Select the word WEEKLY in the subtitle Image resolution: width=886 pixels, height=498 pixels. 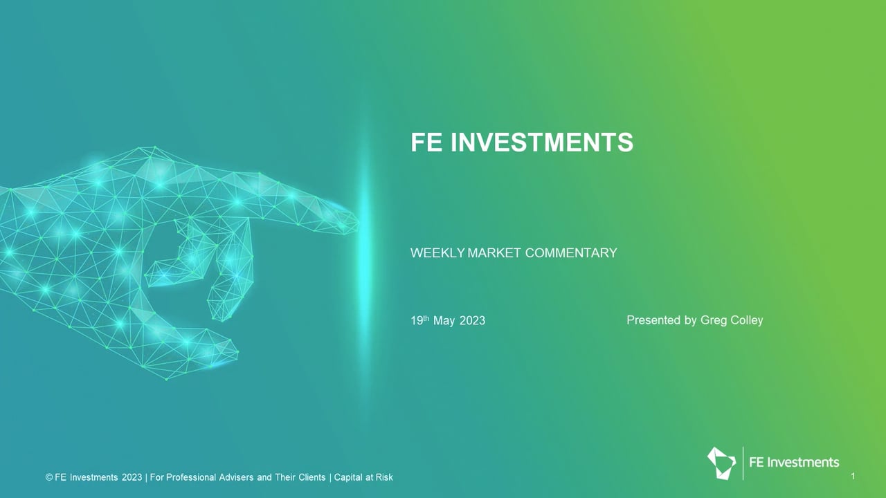437,253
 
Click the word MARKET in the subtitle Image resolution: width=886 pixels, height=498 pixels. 494,253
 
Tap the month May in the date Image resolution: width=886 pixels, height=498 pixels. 444,321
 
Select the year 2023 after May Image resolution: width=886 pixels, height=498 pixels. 472,320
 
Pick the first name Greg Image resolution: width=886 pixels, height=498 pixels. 714,320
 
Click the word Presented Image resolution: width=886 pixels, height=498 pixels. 654,320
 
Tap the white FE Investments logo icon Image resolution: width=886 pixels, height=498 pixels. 721,463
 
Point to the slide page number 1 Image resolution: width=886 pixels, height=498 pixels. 853,477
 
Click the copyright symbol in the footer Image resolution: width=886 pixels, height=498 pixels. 48,477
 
